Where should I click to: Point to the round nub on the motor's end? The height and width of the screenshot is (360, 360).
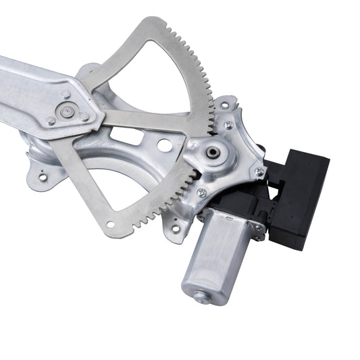[201, 294]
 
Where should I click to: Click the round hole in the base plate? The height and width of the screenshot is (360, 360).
[164, 145]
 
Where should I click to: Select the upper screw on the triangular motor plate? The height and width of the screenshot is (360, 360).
[229, 124]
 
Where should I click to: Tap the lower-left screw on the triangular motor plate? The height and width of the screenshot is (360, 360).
[201, 193]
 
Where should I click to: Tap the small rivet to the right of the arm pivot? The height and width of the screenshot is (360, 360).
[84, 116]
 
